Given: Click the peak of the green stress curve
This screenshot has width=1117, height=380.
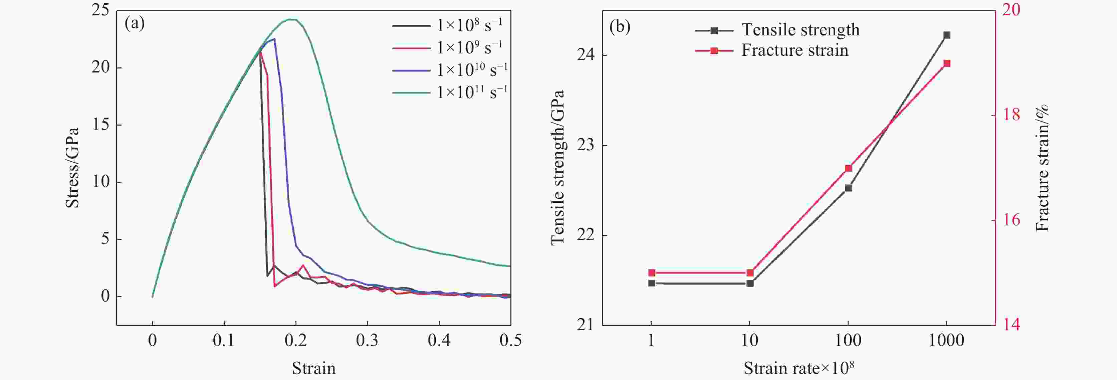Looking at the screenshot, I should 293,19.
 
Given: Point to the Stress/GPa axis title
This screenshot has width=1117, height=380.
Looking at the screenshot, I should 72,168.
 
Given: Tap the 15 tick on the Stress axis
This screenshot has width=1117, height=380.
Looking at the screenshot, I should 100,125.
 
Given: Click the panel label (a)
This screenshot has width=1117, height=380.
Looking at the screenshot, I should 135,23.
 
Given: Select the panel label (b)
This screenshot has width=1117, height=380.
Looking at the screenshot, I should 620,27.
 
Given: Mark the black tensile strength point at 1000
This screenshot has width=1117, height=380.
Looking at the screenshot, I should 947,35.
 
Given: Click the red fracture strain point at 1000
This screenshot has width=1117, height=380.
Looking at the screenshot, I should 947,63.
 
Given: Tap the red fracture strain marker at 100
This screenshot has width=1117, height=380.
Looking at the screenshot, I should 848,168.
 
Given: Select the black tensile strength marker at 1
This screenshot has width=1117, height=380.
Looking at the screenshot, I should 651,283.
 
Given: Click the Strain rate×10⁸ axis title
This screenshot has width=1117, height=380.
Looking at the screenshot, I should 798,368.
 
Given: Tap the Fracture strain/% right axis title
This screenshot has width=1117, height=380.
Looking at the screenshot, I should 1043,168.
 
